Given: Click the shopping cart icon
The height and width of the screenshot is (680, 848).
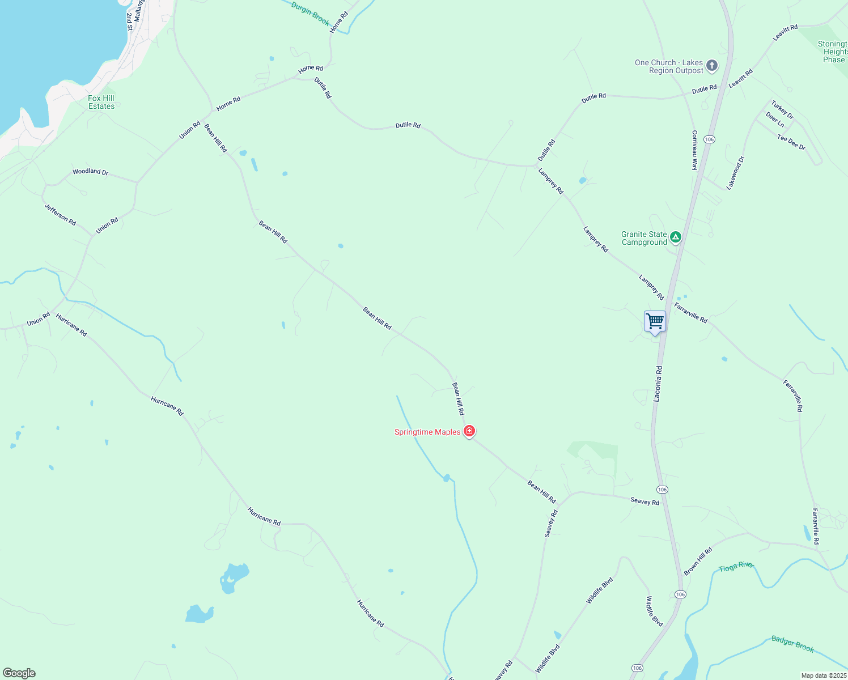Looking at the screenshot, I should coord(655,321).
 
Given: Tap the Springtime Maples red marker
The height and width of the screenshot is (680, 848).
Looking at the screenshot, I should coord(469,431).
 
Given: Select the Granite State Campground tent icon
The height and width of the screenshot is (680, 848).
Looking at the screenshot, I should coord(675,237).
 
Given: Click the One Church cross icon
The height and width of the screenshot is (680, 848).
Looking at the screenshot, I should coord(712,66).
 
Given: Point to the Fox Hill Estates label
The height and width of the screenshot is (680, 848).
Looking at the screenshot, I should coord(101,102).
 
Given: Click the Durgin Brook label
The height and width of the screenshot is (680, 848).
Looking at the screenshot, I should coord(310,13).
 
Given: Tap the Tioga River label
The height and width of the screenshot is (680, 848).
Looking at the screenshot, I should coord(736,567).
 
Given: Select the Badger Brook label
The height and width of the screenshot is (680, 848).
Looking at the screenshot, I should coord(792,644).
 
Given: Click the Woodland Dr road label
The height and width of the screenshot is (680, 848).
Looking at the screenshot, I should coord(90,171).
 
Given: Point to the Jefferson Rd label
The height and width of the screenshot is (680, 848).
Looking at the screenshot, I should coord(60,215).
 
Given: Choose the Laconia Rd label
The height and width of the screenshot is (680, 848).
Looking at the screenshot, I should coord(658,384).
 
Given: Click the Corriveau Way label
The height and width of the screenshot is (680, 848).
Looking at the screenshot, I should coord(694,150).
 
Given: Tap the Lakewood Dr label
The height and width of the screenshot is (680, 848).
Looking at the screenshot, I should coord(736,172).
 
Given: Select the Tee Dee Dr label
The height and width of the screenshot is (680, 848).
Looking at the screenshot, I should coord(791,142).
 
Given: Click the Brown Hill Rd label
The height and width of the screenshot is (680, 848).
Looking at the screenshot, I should coord(698,562).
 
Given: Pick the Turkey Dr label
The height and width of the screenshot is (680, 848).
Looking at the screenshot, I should coord(782,110).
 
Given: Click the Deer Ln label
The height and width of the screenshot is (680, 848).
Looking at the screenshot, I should coord(775,120).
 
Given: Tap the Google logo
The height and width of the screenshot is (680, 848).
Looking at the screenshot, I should coord(19,673).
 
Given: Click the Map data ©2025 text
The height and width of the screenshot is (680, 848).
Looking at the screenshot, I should coord(823,675).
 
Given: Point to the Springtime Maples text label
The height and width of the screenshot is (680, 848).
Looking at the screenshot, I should coord(427,432).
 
